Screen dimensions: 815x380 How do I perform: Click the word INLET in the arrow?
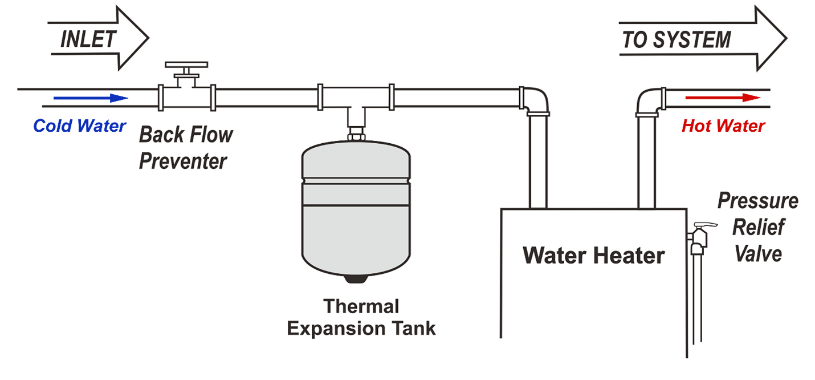pyautogui.click(x=88, y=39)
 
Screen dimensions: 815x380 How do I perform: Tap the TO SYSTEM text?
pyautogui.click(x=677, y=40)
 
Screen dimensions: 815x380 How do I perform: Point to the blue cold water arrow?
pyautogui.click(x=91, y=98)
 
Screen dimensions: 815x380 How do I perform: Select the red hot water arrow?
pyautogui.click(x=723, y=98)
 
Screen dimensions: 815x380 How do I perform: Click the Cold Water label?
pyautogui.click(x=79, y=126)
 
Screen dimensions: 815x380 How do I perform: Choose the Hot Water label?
pyautogui.click(x=723, y=126)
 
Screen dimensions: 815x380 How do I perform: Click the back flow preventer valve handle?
pyautogui.click(x=186, y=65)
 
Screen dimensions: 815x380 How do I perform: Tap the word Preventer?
pyautogui.click(x=183, y=161)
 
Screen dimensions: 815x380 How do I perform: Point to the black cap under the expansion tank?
pyautogui.click(x=356, y=279)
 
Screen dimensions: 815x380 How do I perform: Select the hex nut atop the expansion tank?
pyautogui.click(x=356, y=134)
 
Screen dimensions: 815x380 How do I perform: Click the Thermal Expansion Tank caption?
pyautogui.click(x=361, y=317)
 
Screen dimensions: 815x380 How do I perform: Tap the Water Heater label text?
pyautogui.click(x=594, y=256)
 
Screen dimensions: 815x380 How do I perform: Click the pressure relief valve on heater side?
pyautogui.click(x=700, y=238)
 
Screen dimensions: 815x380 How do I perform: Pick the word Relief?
pyautogui.click(x=759, y=227)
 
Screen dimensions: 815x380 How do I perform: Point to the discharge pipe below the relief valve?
pyautogui.click(x=698, y=299)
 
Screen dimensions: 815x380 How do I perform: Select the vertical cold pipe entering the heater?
pyautogui.click(x=538, y=162)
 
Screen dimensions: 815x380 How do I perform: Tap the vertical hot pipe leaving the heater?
pyautogui.click(x=646, y=163)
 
